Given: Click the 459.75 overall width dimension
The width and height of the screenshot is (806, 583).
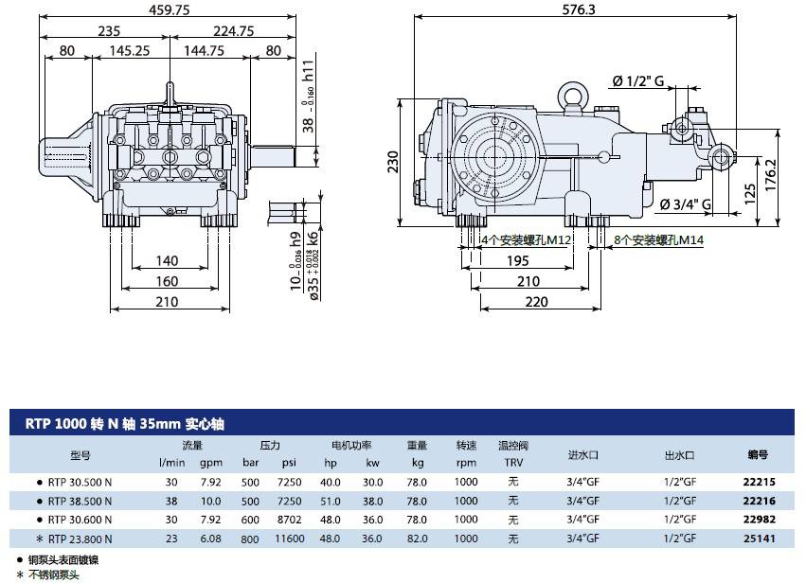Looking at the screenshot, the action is (x=170, y=9).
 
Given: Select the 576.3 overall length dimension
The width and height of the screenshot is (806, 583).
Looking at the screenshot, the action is (x=579, y=9).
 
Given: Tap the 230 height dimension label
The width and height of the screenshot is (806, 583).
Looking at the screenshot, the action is (x=393, y=162).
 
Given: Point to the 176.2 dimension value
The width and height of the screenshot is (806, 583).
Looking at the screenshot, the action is (x=771, y=175).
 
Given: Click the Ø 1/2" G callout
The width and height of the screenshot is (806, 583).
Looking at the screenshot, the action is (x=638, y=80).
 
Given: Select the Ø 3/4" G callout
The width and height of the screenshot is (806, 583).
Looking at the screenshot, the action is (x=685, y=204).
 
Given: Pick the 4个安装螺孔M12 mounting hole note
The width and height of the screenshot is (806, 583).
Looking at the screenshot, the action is (x=526, y=239).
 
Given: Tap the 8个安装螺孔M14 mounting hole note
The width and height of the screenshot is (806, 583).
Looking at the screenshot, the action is (x=658, y=239).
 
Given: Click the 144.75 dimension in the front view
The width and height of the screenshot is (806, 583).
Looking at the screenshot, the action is (x=204, y=51).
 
